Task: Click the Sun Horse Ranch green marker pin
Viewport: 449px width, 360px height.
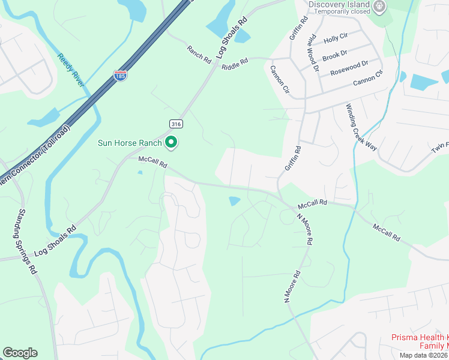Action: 171,143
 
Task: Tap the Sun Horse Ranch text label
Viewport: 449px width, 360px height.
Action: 130,143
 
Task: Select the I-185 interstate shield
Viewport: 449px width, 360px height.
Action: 121,76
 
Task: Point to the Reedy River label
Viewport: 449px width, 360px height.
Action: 71,70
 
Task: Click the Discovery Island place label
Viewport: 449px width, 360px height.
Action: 339,5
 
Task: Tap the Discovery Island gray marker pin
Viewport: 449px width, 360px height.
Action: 379,7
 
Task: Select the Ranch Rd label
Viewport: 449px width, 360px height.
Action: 199,55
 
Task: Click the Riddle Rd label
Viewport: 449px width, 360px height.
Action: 235,62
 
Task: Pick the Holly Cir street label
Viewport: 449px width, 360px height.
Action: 336,38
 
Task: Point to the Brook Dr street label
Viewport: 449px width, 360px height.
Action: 334,55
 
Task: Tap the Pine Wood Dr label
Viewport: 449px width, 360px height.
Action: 313,54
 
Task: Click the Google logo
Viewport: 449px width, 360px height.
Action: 20,353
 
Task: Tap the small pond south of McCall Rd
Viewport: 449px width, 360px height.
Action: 235,201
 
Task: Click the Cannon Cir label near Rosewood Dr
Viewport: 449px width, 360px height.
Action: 368,79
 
